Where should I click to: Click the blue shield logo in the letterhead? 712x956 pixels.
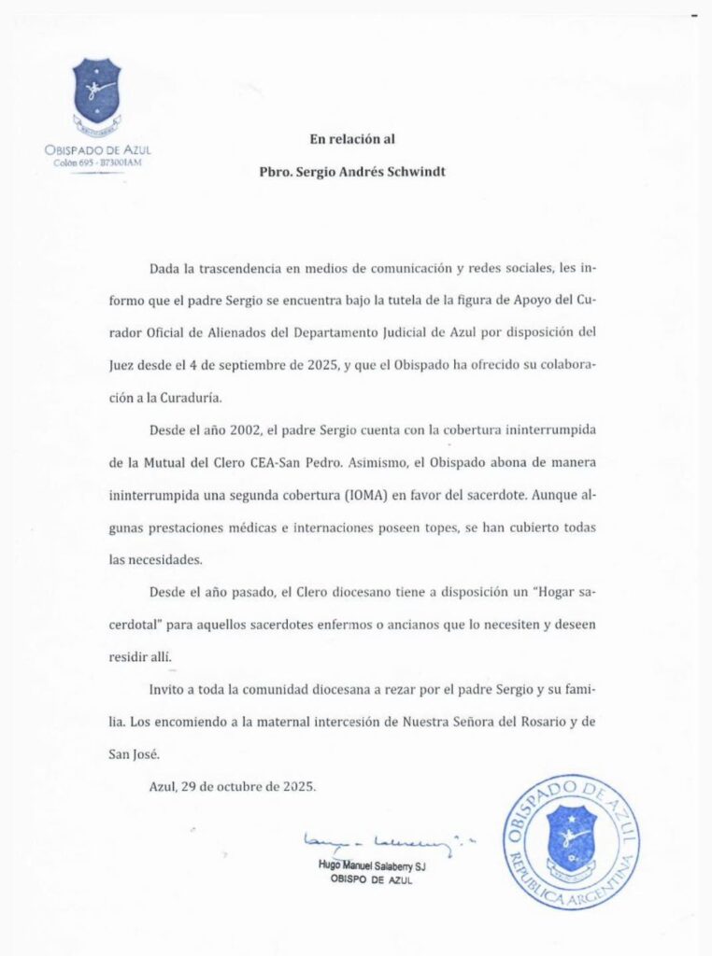(x=97, y=91)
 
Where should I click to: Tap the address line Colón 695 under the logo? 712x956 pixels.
(x=97, y=162)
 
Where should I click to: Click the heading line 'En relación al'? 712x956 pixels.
(x=352, y=139)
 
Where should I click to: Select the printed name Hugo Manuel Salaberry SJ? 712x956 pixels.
(x=372, y=867)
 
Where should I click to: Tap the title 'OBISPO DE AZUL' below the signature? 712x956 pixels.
(x=371, y=881)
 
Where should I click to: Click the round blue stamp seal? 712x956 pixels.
(x=570, y=842)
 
